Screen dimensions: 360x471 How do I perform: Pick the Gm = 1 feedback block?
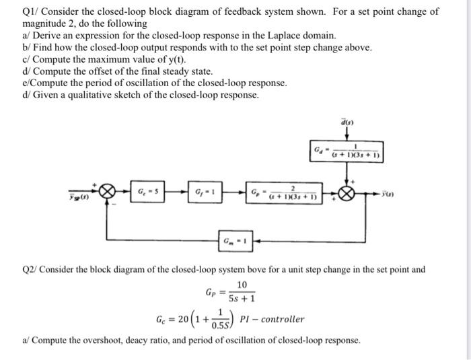click(237, 240)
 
